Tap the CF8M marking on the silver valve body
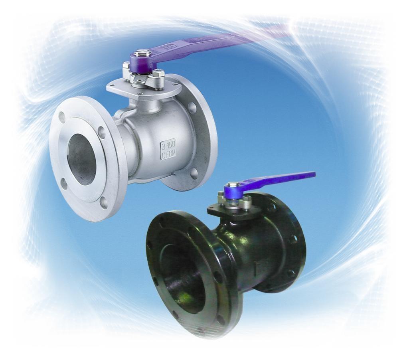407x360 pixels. [168, 154]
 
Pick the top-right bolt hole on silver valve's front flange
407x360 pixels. [102, 132]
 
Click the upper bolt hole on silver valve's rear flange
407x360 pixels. [192, 107]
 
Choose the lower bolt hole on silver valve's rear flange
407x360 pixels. [194, 172]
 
